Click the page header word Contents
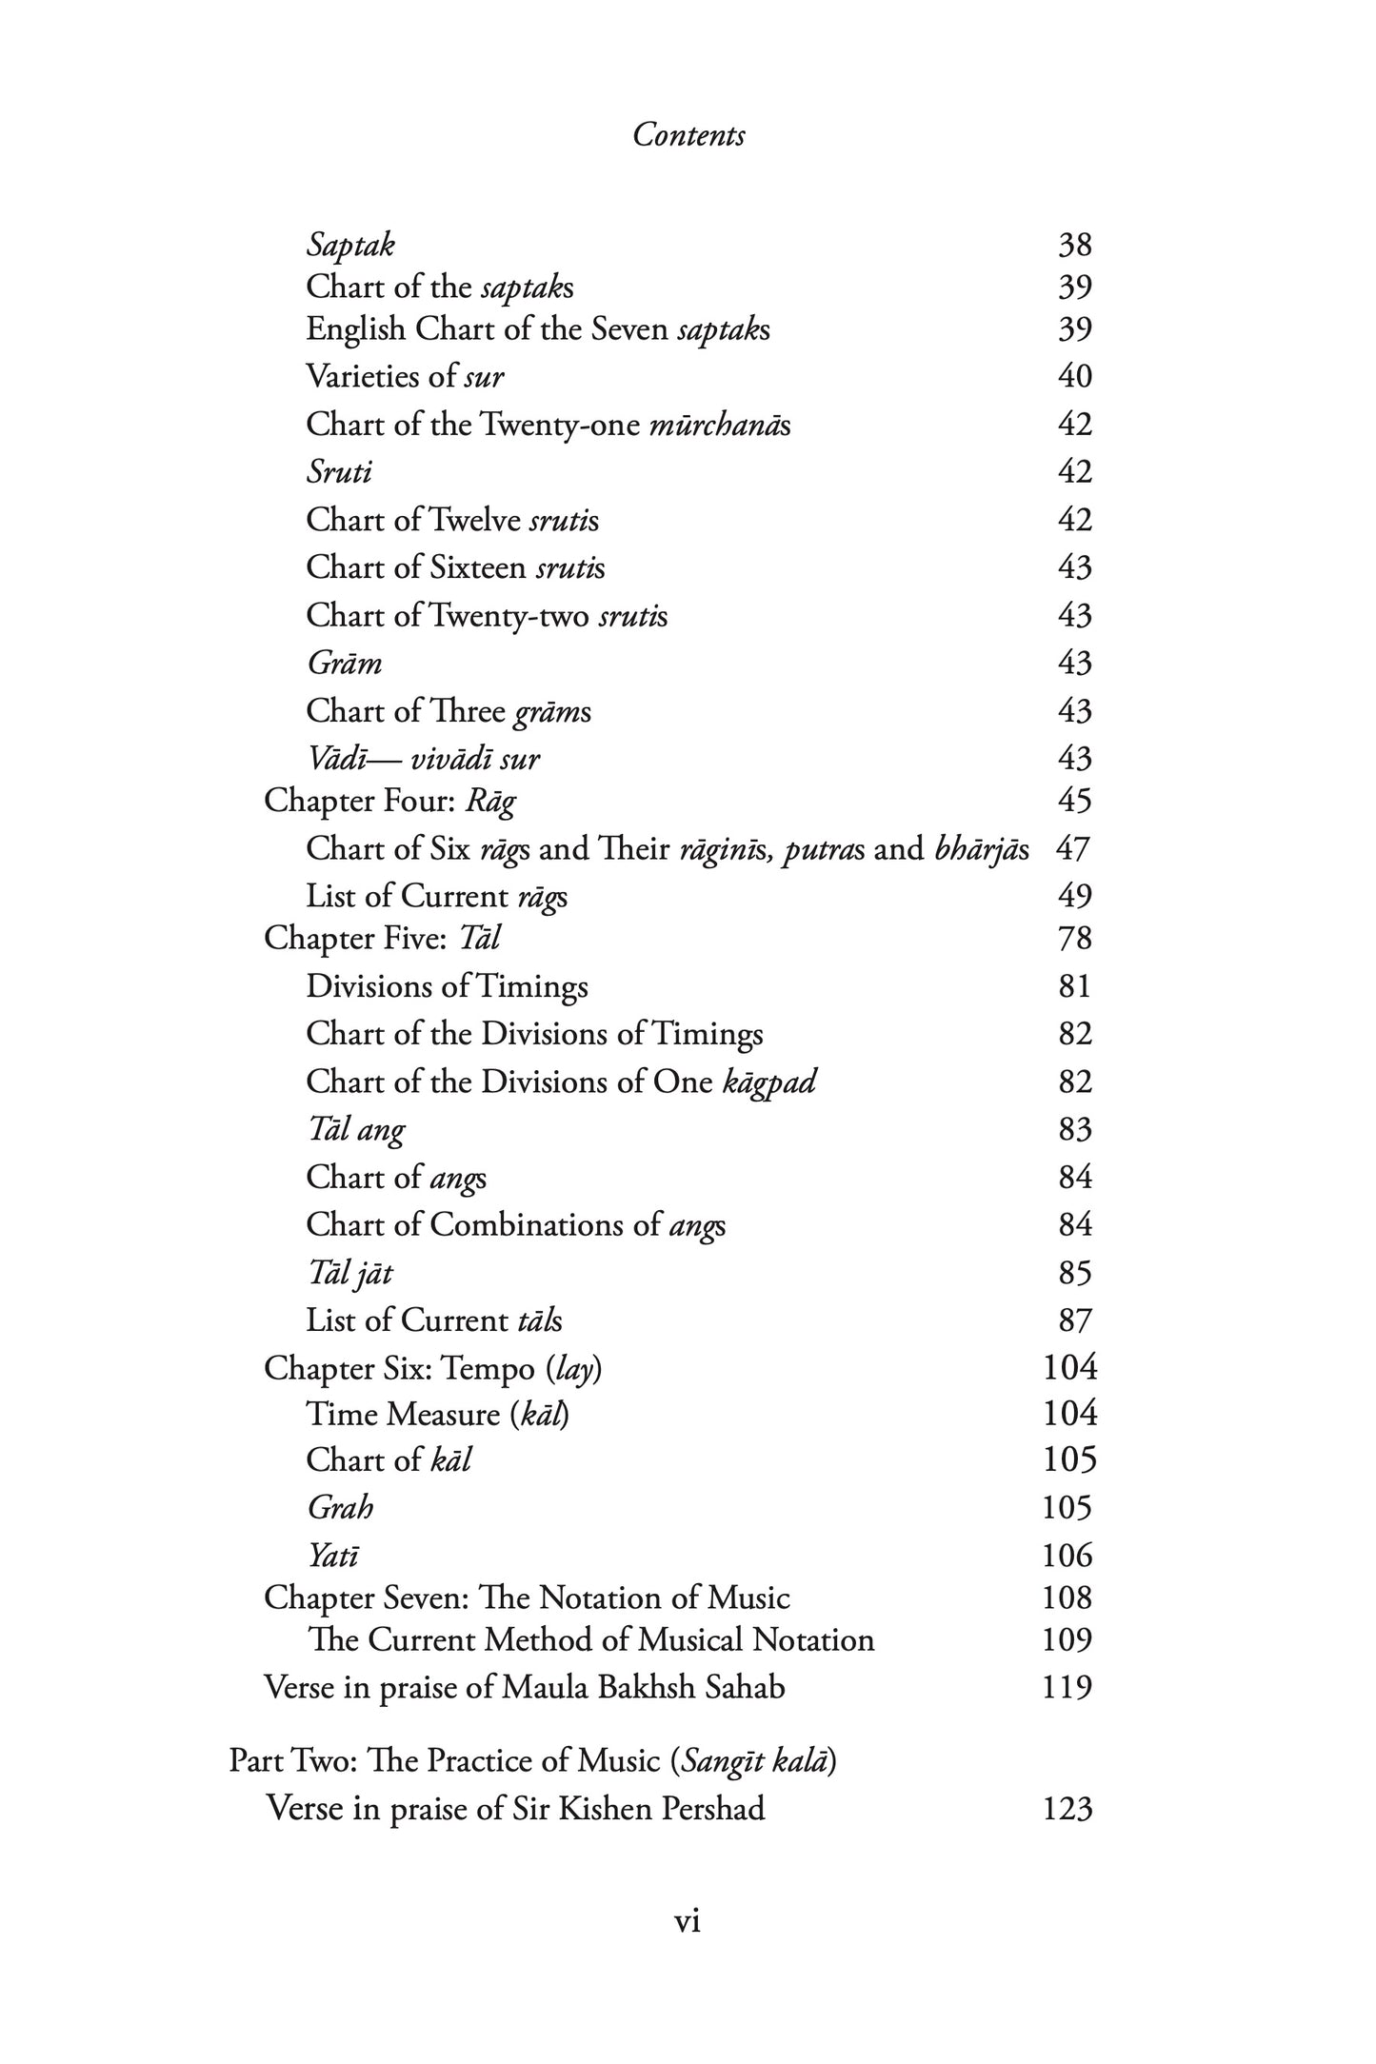(x=688, y=135)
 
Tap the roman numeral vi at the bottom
(x=688, y=1921)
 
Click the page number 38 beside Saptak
(x=1074, y=246)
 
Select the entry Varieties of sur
(x=405, y=376)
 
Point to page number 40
(x=1074, y=376)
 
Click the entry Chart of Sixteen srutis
(x=455, y=567)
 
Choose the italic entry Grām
(x=344, y=663)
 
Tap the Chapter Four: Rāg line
(x=389, y=801)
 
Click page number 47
(x=1072, y=848)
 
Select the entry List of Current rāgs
(x=436, y=896)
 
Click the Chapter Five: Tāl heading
(x=382, y=939)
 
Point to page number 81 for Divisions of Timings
(x=1074, y=986)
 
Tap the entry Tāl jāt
(x=349, y=1273)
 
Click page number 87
(x=1074, y=1320)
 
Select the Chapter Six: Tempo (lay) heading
(x=432, y=1368)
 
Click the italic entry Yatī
(x=332, y=1556)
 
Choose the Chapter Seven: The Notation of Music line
(x=527, y=1598)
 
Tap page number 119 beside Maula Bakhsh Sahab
(x=1067, y=1688)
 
